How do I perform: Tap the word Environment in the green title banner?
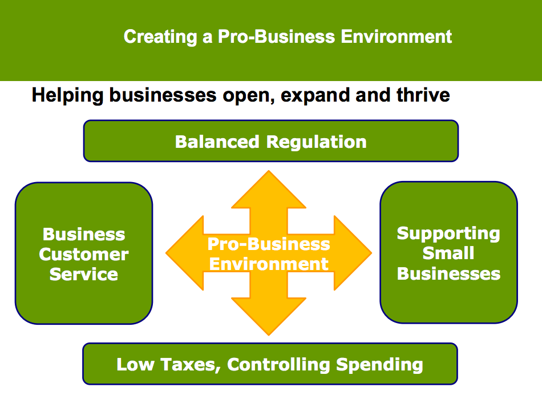397,37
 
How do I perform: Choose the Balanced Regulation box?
270,141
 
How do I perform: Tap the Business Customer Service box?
84,253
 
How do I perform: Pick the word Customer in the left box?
84,254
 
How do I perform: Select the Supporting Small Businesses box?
448,253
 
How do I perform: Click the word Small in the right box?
448,253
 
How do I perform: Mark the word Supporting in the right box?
448,233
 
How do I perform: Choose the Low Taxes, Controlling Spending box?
270,364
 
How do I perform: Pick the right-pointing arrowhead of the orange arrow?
357,252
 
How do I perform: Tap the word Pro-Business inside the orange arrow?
268,244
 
